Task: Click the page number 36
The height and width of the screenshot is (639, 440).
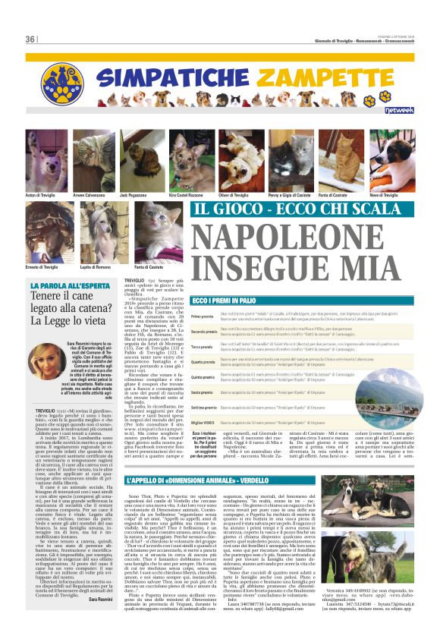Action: (x=30, y=39)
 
